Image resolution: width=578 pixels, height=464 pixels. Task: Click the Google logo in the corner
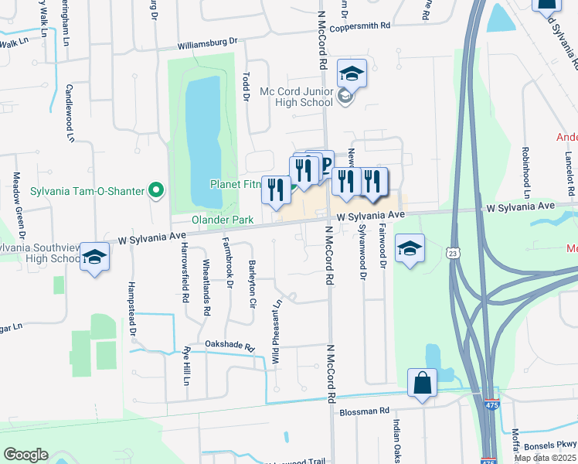25,455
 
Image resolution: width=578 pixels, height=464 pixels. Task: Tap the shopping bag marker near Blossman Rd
422,383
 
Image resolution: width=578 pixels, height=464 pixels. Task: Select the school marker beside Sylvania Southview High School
94,258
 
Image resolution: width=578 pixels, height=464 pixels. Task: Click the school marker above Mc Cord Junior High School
352,73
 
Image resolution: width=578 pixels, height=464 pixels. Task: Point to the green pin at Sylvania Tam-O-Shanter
157,189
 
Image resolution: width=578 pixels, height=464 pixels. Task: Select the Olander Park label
223,220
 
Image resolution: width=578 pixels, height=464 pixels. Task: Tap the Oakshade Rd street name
229,344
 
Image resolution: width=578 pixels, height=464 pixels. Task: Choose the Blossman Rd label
362,411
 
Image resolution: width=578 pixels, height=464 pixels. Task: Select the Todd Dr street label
246,87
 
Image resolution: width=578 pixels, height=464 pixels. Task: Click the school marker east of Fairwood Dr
410,249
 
